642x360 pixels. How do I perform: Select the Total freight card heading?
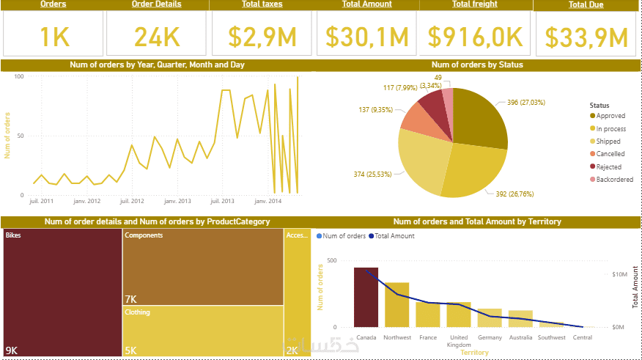pos(475,4)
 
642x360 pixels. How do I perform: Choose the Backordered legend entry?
pos(613,180)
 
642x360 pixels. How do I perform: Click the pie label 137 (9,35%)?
pos(375,110)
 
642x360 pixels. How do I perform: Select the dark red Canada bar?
pos(366,297)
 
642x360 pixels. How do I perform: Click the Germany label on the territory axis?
pos(490,337)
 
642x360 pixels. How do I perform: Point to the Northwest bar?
pos(396,304)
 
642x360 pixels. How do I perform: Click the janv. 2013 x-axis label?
pos(177,200)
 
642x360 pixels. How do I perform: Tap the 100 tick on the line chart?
pos(19,76)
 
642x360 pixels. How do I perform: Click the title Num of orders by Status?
pos(477,65)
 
